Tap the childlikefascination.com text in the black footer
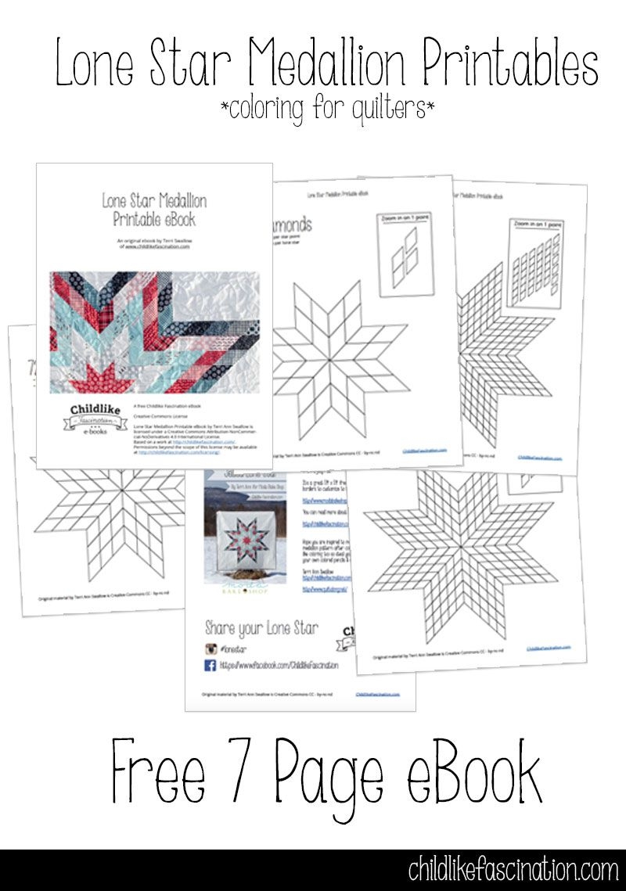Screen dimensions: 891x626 click(513, 870)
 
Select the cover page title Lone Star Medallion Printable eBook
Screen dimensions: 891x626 click(154, 210)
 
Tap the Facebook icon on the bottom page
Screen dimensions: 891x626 click(210, 665)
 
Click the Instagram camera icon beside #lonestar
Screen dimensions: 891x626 click(210, 648)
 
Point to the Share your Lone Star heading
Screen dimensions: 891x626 click(261, 627)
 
